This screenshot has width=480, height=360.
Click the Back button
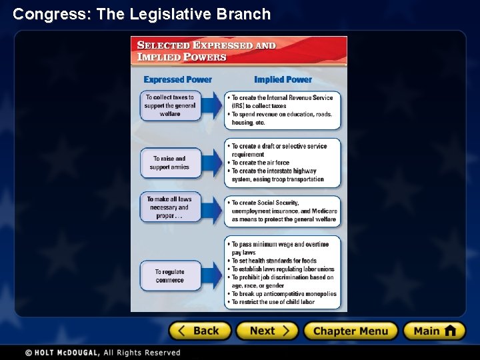coord(200,331)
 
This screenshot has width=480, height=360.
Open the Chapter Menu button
coord(350,331)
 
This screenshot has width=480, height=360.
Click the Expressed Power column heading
coord(177,79)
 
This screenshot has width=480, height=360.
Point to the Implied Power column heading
coord(283,79)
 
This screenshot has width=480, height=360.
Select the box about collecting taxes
coord(170,105)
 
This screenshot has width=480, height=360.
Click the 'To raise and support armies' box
coord(170,163)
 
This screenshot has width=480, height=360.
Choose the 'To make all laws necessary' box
coord(170,207)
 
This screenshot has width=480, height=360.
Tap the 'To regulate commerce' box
coord(170,275)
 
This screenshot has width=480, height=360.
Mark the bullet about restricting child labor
coord(273,302)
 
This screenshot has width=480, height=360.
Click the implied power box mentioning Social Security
coord(283,211)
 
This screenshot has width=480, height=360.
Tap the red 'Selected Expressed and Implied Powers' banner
coord(239,51)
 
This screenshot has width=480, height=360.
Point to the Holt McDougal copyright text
coord(103,352)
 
